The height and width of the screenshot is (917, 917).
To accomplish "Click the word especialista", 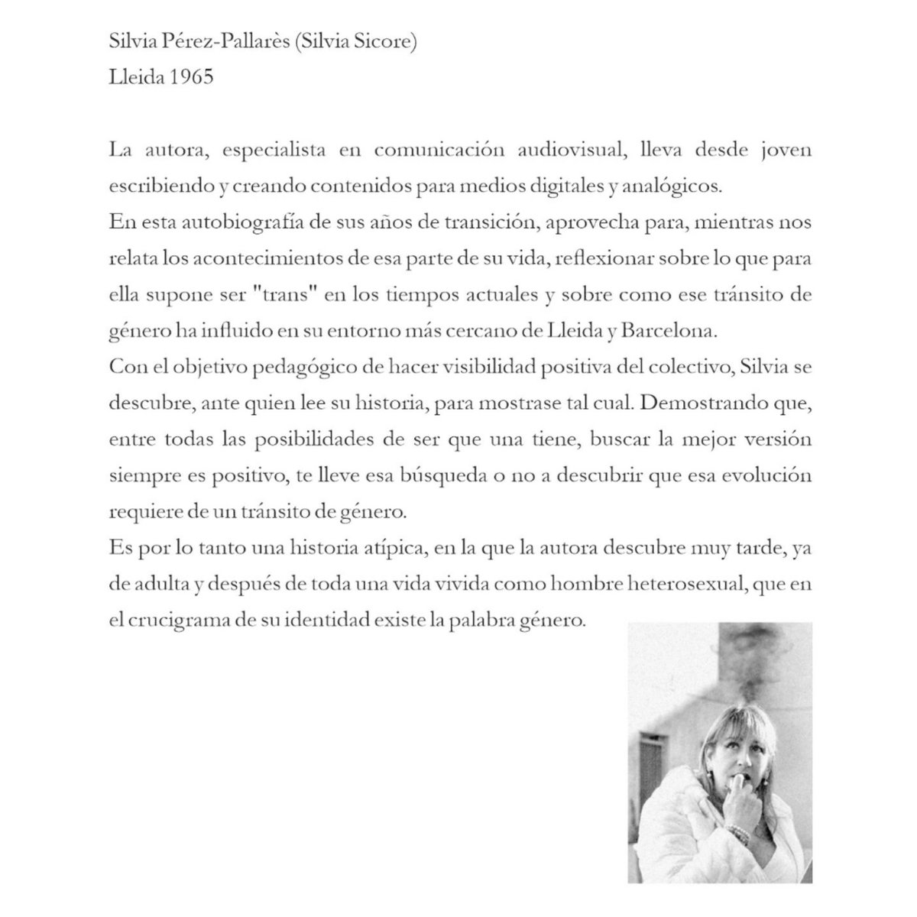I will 266,150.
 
